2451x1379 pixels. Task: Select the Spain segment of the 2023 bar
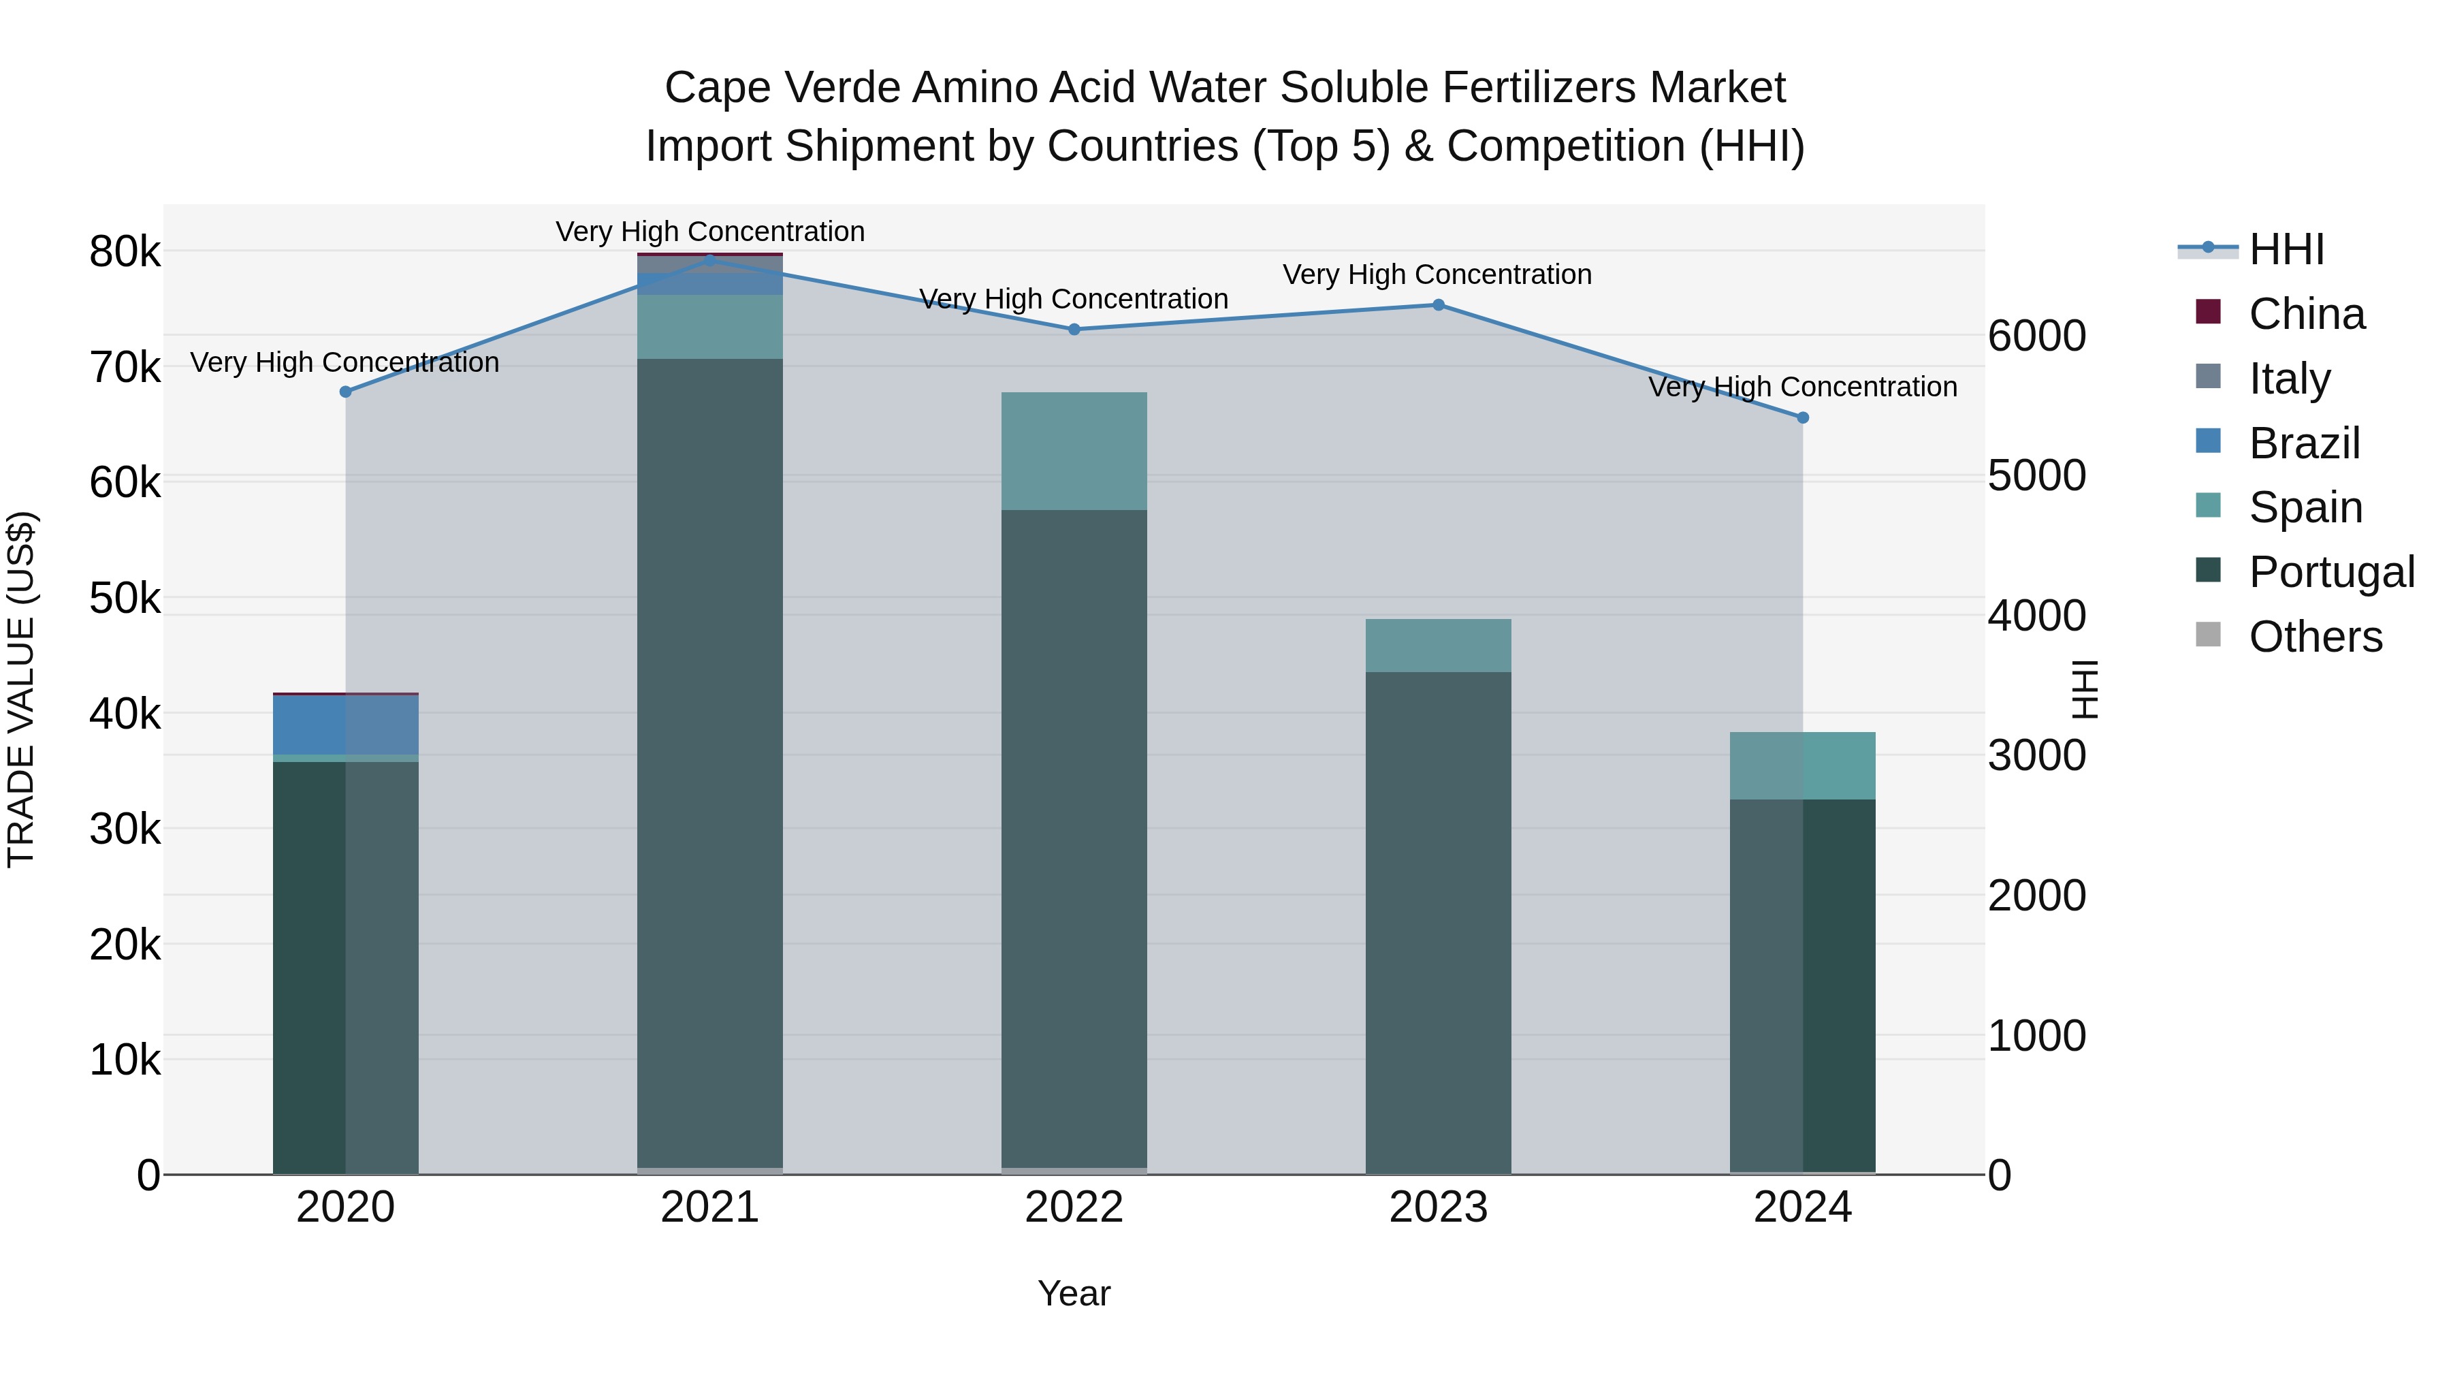click(1438, 646)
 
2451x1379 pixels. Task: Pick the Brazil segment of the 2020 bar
click(345, 725)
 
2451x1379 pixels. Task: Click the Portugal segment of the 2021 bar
click(710, 761)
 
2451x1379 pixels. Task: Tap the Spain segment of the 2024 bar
click(1802, 765)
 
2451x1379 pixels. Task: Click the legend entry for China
click(2307, 314)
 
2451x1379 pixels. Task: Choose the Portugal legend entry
click(2331, 572)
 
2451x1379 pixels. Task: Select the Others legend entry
click(2315, 637)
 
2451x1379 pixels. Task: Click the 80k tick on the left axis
click(125, 253)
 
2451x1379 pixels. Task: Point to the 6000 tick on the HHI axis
click(2036, 336)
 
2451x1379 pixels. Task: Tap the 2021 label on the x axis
click(710, 1207)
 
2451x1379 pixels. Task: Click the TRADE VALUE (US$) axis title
click(21, 689)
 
